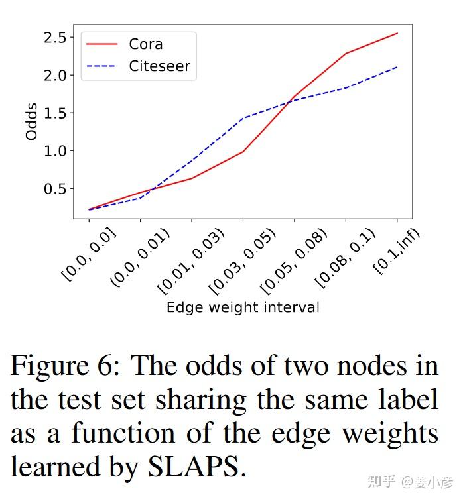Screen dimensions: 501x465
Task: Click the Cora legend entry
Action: click(x=145, y=44)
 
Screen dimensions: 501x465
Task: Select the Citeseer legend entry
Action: click(x=159, y=66)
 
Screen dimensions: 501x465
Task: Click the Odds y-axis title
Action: click(x=31, y=121)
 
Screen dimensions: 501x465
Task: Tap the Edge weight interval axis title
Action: click(x=243, y=307)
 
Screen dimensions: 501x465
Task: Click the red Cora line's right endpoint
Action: click(x=397, y=33)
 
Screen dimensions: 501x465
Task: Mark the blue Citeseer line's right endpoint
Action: click(x=397, y=66)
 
